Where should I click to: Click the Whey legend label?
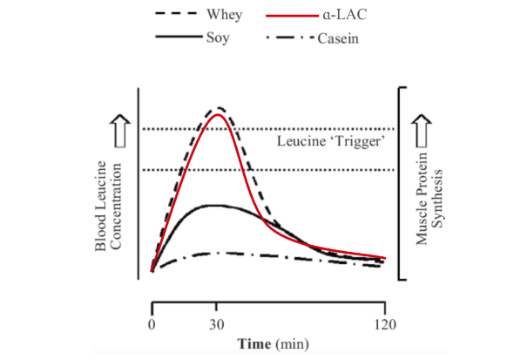[x=224, y=14]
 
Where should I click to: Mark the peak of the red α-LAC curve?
[x=218, y=114]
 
